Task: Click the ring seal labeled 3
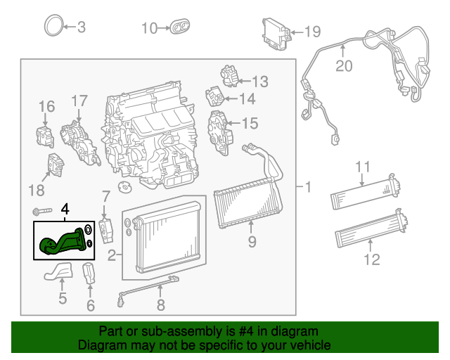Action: (53, 27)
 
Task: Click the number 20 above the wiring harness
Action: (343, 67)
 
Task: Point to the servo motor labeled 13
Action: (230, 74)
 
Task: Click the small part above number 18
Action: (56, 165)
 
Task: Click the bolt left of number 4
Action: (41, 211)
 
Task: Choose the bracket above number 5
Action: (60, 271)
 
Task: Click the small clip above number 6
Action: (89, 273)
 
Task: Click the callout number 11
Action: (362, 167)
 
